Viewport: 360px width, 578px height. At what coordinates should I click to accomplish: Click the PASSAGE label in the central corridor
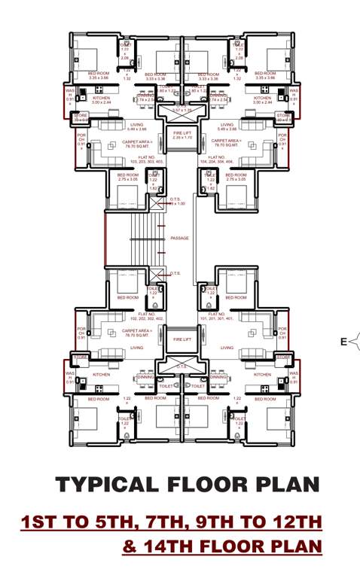[179, 238]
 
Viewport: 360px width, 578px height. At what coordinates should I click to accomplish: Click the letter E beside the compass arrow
[343, 342]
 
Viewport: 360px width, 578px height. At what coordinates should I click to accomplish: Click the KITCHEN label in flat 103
[102, 98]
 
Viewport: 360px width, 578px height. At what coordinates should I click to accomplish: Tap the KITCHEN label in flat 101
[262, 374]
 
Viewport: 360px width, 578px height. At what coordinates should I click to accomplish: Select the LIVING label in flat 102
[137, 348]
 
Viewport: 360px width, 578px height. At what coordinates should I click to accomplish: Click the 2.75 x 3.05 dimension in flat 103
[128, 180]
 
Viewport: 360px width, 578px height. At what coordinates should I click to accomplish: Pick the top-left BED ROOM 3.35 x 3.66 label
[99, 76]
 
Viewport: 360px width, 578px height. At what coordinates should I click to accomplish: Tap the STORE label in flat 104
[282, 117]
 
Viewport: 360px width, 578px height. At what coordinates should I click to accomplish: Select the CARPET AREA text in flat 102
[137, 330]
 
